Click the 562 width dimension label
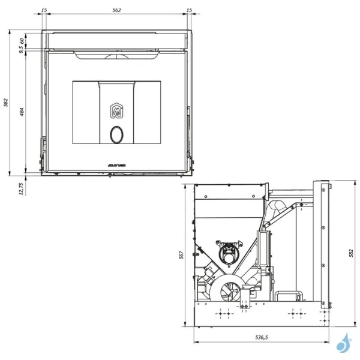coord(117,10)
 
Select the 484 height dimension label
coord(22,112)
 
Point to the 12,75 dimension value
coord(22,189)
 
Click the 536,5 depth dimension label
coord(262,338)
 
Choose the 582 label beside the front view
coord(6,103)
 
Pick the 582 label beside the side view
coord(350,254)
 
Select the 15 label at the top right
coord(189,10)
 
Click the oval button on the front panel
coord(117,136)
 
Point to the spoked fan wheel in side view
coord(230,291)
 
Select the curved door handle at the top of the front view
coord(117,56)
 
